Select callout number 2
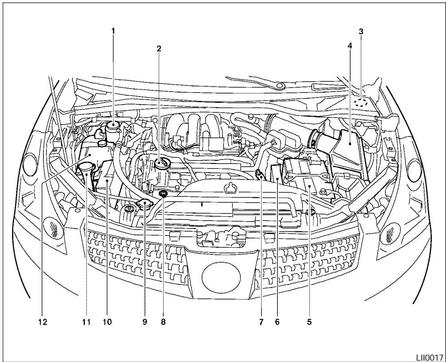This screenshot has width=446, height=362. [x=158, y=48]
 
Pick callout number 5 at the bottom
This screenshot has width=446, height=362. [x=309, y=322]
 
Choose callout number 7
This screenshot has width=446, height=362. [x=261, y=322]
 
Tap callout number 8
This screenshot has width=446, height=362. [x=163, y=322]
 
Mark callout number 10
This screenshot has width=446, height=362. [x=107, y=322]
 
